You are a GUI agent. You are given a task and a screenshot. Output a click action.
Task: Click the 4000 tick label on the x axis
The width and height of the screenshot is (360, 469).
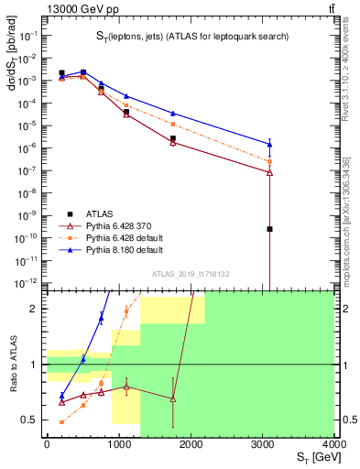[x=333, y=443]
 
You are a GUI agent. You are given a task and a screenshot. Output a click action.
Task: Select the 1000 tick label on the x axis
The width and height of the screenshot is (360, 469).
[x=118, y=443]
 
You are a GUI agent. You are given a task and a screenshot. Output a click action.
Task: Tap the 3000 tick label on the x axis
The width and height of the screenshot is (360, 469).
[x=262, y=443]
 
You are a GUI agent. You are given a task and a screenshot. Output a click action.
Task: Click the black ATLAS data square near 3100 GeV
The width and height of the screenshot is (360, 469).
[x=270, y=229]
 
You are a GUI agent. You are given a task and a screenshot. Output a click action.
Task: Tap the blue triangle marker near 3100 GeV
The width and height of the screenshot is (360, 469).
[x=270, y=144]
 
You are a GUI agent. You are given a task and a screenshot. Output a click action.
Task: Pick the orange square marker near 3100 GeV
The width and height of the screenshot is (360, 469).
[x=270, y=161]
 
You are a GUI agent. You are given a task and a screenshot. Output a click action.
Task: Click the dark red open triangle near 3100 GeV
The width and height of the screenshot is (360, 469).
[x=270, y=172]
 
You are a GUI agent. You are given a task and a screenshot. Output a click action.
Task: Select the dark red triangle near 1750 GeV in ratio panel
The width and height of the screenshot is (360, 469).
[x=172, y=398]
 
